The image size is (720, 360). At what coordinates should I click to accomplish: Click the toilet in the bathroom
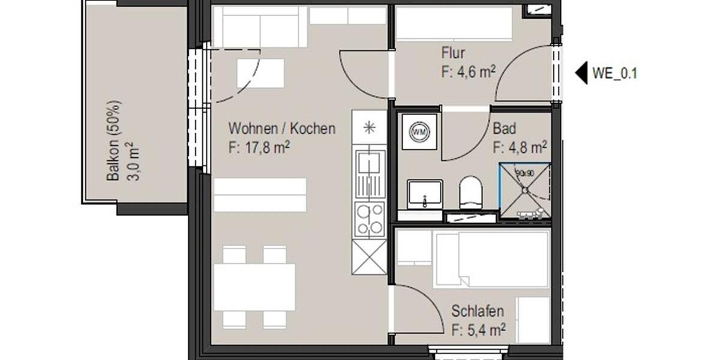[470, 193]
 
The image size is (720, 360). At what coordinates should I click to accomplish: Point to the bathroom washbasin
[425, 193]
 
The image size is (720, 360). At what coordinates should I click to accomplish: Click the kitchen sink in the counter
[369, 173]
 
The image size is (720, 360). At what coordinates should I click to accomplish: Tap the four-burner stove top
[369, 220]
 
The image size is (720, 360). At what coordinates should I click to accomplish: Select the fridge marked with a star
[369, 127]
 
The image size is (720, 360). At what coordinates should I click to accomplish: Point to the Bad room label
[505, 129]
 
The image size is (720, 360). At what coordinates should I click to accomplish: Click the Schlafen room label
[478, 311]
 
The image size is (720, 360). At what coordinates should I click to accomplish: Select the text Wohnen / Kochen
[282, 129]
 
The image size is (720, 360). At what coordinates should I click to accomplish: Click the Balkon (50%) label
[113, 140]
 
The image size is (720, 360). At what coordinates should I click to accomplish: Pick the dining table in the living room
[254, 287]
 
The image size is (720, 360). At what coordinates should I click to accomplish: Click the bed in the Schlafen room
[491, 259]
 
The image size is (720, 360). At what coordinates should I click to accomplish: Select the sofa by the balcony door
[260, 26]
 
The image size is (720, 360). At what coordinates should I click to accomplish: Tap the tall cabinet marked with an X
[369, 257]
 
